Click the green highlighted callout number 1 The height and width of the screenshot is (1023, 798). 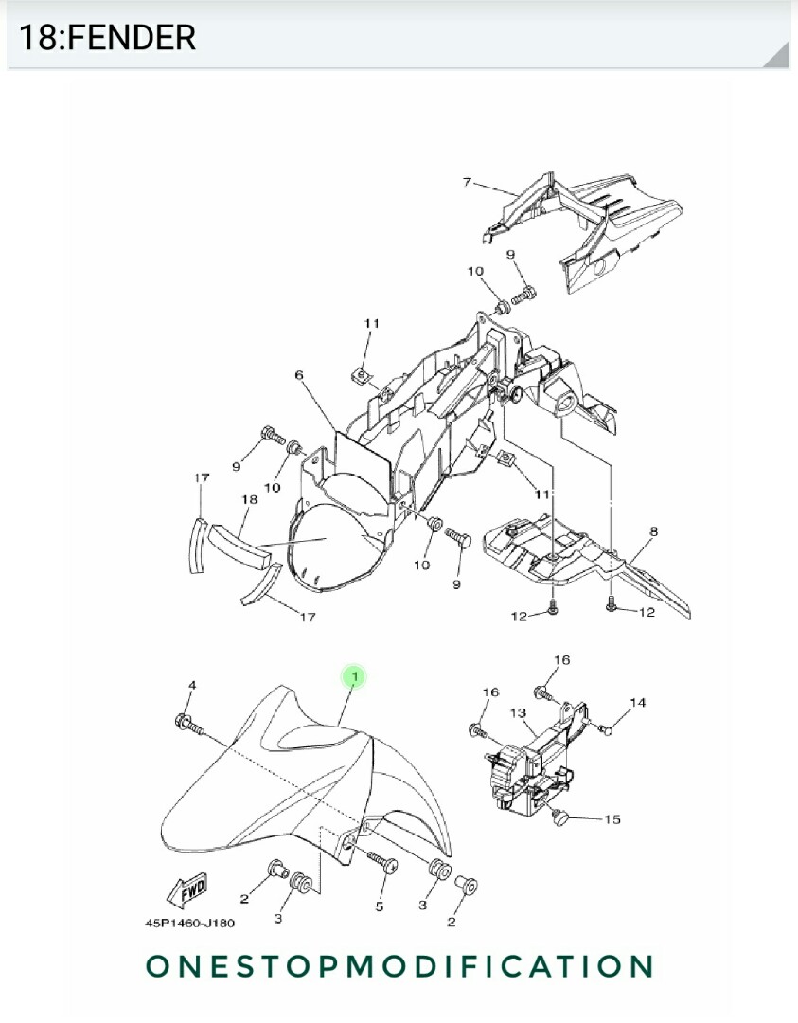click(x=354, y=676)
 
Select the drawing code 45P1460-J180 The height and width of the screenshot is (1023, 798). click(x=189, y=923)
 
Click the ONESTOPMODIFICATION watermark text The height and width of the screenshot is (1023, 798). click(x=399, y=966)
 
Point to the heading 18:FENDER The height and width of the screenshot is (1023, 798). click(x=107, y=38)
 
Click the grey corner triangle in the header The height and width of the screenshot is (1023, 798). click(x=778, y=57)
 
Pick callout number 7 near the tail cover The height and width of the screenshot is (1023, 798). click(x=467, y=182)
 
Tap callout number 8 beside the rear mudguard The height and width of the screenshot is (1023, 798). click(x=653, y=532)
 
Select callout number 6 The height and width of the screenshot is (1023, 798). click(x=299, y=376)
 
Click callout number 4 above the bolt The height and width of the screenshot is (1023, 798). click(x=192, y=685)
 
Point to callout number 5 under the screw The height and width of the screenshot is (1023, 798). click(x=379, y=906)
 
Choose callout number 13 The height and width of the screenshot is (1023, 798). click(x=518, y=712)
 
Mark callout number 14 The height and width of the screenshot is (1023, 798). click(x=638, y=703)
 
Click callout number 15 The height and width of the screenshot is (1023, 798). click(x=612, y=818)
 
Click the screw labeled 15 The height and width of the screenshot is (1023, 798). click(x=559, y=815)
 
